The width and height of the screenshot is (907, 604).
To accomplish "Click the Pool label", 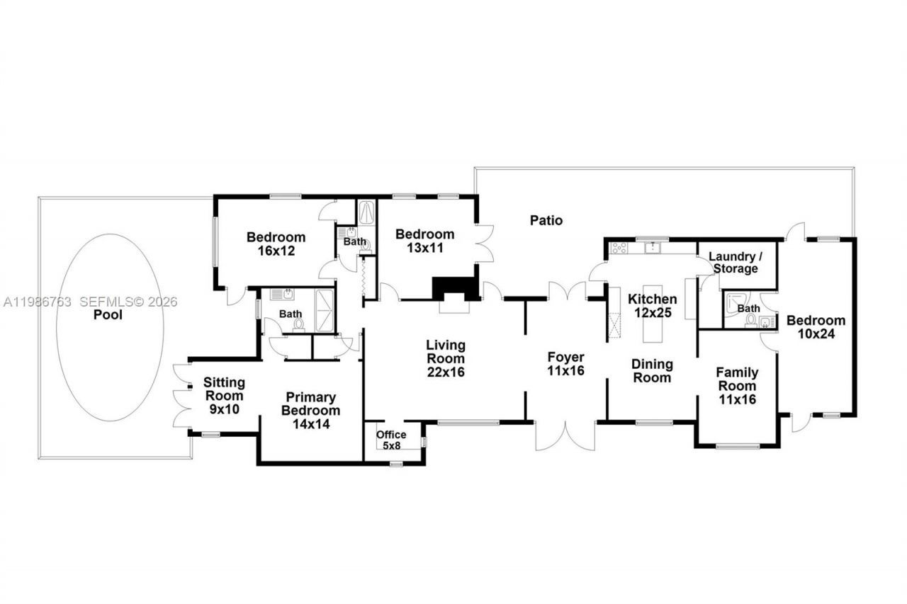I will [x=108, y=314].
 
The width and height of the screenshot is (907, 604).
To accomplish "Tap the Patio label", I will [x=546, y=220].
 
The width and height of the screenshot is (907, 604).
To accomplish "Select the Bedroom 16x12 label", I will [x=276, y=244].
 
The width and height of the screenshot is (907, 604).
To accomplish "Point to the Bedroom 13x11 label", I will [x=424, y=241].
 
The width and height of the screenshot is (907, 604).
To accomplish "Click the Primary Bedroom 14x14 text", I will [x=310, y=411].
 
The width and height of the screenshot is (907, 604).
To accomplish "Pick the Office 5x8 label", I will [x=391, y=440].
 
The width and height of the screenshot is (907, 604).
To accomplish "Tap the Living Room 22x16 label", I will [x=446, y=358].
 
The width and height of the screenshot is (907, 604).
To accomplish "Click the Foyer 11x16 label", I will [x=565, y=363].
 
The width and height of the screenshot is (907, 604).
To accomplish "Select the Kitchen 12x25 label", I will [x=653, y=306].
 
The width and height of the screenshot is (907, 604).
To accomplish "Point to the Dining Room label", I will [x=652, y=371].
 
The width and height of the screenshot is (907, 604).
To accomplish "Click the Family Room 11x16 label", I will [x=737, y=385].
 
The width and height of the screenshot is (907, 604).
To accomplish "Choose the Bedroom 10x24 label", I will [x=816, y=327].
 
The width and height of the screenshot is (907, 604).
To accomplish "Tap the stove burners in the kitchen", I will [x=619, y=248].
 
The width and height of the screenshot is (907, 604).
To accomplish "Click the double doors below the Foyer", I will [x=565, y=435].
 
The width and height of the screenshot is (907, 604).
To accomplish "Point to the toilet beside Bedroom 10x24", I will [x=751, y=322].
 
